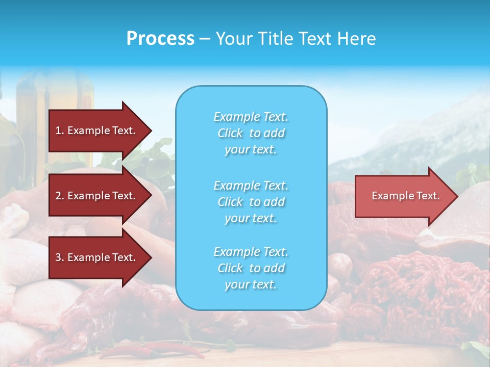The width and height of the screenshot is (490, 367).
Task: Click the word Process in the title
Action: (x=160, y=39)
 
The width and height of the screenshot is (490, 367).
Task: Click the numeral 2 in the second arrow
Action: (x=58, y=196)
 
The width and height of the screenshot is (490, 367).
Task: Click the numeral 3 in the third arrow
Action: (x=58, y=257)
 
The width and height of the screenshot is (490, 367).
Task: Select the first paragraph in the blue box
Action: (x=251, y=133)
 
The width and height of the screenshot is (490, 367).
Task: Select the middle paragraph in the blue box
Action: (x=251, y=202)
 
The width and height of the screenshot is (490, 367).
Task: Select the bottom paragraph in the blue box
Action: (x=251, y=268)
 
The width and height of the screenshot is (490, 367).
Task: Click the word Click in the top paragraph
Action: (x=230, y=133)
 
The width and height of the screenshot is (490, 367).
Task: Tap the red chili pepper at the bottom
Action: (x=128, y=352)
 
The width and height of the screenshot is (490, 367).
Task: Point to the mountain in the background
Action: (x=434, y=133)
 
